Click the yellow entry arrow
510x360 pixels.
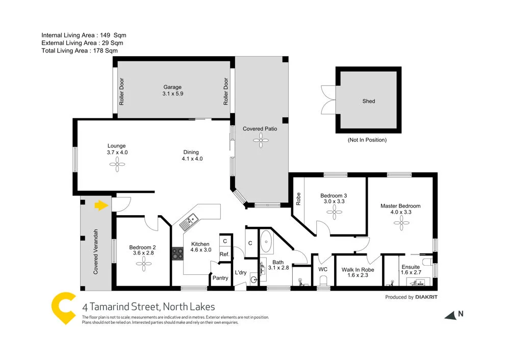[101, 205]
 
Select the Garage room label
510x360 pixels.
[172, 87]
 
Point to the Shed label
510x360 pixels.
[368, 101]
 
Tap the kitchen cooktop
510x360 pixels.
[177, 253]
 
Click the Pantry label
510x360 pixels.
[220, 278]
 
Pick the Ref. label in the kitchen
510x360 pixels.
[224, 254]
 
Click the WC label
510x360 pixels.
[322, 269]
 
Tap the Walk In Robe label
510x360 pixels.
[358, 270]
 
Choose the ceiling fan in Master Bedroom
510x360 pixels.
[402, 220]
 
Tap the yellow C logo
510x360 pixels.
[64, 308]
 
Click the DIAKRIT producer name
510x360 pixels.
[426, 297]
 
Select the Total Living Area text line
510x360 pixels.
[80, 50]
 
